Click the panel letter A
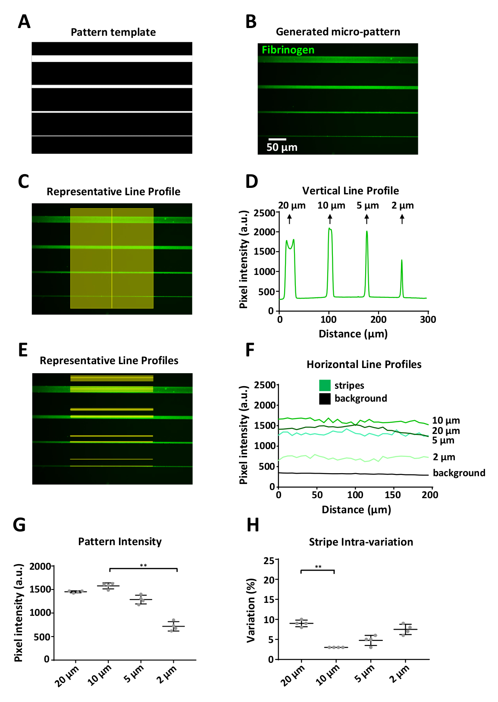pos(24,22)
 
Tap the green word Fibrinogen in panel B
pos(288,50)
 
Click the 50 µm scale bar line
pos(277,139)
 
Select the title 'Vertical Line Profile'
pos(350,190)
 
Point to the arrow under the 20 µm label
pos(289,219)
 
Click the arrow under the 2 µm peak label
pos(402,219)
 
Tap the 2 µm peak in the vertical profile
pos(402,260)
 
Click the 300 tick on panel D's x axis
pos(428,319)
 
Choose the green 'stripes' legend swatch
pos(325,385)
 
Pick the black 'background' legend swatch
pos(325,399)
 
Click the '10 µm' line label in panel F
pos(446,420)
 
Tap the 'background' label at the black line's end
pos(459,473)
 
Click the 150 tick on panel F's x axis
pos(393,495)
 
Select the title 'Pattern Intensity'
pos(120,542)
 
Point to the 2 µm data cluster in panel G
pos(173,626)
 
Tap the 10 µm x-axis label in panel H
pos(327,675)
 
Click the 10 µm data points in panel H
pos(336,647)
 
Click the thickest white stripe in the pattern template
pos(112,59)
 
